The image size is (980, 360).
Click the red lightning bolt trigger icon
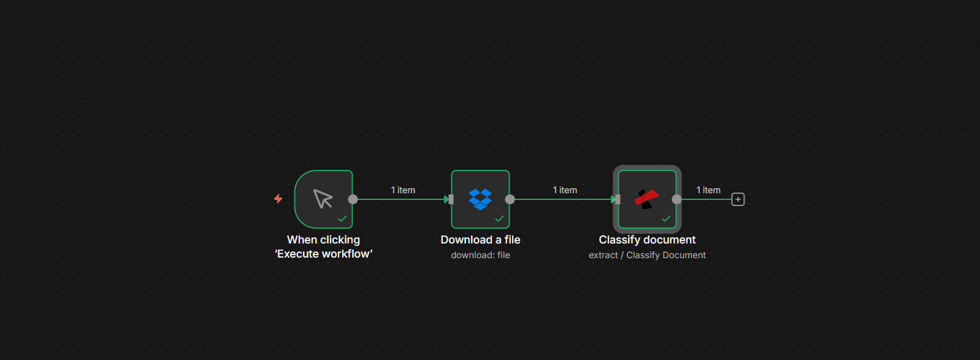click(278, 199)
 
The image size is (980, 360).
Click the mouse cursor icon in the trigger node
click(323, 199)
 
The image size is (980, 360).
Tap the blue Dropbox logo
click(480, 199)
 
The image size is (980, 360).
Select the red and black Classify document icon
click(646, 199)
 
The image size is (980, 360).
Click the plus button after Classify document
click(738, 199)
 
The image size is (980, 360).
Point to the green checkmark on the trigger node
click(342, 219)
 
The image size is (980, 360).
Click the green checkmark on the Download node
click(499, 219)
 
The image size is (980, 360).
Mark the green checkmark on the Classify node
click(666, 219)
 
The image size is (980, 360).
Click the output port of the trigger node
click(353, 199)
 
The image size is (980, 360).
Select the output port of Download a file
click(510, 199)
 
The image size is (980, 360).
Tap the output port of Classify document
click(676, 199)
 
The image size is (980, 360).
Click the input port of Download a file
click(451, 199)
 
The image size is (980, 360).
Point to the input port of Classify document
click(618, 199)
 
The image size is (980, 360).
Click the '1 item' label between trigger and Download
click(403, 190)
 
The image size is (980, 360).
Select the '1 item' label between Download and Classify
click(565, 190)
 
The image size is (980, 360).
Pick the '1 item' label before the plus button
click(708, 190)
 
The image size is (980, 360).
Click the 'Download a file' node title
click(480, 240)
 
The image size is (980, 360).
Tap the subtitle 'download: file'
click(480, 255)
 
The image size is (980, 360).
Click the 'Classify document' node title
click(647, 240)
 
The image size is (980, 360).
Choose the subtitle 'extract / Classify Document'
click(647, 255)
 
